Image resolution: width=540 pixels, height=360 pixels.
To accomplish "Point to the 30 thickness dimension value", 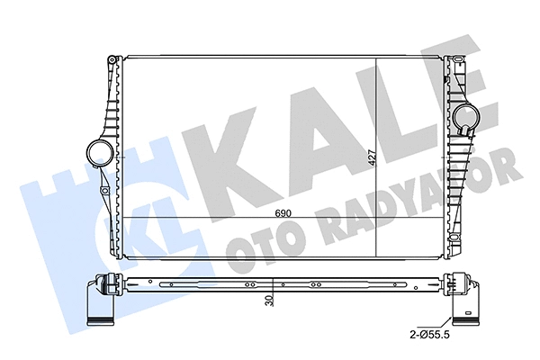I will click(271, 302).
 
